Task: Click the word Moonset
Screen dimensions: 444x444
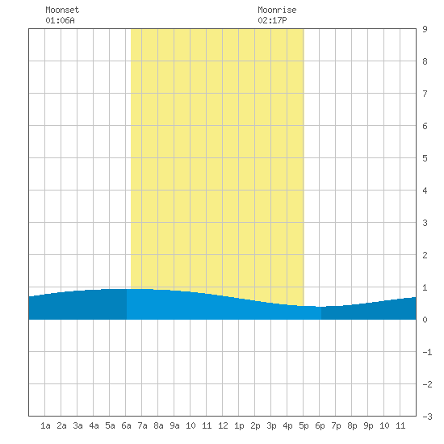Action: click(62, 10)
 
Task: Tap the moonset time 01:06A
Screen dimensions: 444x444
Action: click(60, 20)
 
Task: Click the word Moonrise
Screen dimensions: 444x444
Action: click(277, 10)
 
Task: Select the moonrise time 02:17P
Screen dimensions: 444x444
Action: click(272, 20)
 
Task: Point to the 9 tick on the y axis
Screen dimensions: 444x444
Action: click(425, 29)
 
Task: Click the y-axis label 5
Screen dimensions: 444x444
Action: click(425, 158)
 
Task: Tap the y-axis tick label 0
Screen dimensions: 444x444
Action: click(425, 320)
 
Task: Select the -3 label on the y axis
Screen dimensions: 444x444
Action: click(427, 417)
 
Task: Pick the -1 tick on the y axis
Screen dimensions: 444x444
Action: click(427, 352)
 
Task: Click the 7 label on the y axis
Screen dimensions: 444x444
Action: click(425, 94)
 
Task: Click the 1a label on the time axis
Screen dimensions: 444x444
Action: click(45, 425)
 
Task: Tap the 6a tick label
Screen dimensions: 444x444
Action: click(126, 425)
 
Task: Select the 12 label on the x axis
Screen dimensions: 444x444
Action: click(223, 425)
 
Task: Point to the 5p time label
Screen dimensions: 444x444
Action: click(304, 425)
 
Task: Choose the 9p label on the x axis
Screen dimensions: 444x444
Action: click(368, 425)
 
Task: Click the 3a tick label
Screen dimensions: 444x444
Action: click(77, 425)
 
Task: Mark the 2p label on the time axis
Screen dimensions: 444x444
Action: click(255, 425)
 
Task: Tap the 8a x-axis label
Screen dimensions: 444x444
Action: click(158, 425)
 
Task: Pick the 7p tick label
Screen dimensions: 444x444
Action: click(336, 425)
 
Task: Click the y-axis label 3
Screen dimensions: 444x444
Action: click(425, 223)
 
